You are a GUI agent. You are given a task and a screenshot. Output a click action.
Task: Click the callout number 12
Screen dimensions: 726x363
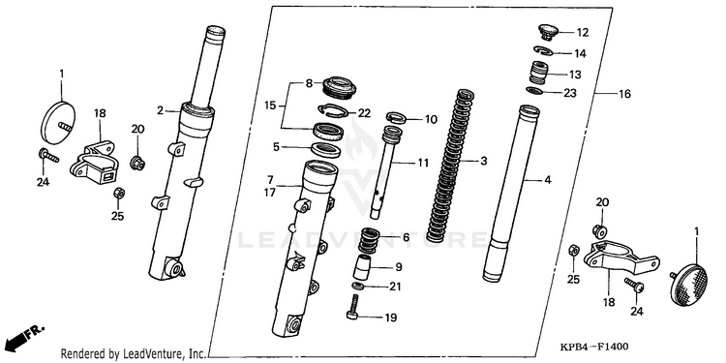pyautogui.click(x=582, y=32)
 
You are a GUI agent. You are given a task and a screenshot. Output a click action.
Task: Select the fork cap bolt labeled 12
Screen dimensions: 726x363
pyautogui.click(x=547, y=32)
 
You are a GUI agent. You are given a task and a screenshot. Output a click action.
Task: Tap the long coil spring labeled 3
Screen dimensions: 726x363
pyautogui.click(x=450, y=166)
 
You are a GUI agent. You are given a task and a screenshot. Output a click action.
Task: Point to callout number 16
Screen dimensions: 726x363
pyautogui.click(x=624, y=94)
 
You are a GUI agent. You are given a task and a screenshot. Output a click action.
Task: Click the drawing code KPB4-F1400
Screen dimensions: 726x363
pyautogui.click(x=594, y=347)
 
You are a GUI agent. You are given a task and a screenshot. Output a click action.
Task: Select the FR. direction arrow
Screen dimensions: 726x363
pyautogui.click(x=25, y=337)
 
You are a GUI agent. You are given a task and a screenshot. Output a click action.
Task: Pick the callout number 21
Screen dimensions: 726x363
pyautogui.click(x=395, y=287)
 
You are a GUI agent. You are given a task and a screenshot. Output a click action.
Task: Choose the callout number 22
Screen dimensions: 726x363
pyautogui.click(x=364, y=113)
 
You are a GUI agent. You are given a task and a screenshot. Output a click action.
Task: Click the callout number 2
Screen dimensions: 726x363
pyautogui.click(x=160, y=110)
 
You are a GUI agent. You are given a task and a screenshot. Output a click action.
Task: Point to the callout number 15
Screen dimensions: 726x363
pyautogui.click(x=271, y=106)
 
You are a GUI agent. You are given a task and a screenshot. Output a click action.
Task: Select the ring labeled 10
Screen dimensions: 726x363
pyautogui.click(x=397, y=117)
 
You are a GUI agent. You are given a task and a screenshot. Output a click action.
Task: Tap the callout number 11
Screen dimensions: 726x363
pyautogui.click(x=422, y=163)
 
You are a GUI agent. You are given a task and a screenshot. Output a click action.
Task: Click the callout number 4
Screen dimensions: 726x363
pyautogui.click(x=548, y=180)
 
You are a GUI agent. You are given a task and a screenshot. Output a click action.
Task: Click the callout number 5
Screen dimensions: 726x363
pyautogui.click(x=276, y=147)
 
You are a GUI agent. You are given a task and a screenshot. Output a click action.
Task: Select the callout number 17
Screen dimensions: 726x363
pyautogui.click(x=270, y=192)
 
